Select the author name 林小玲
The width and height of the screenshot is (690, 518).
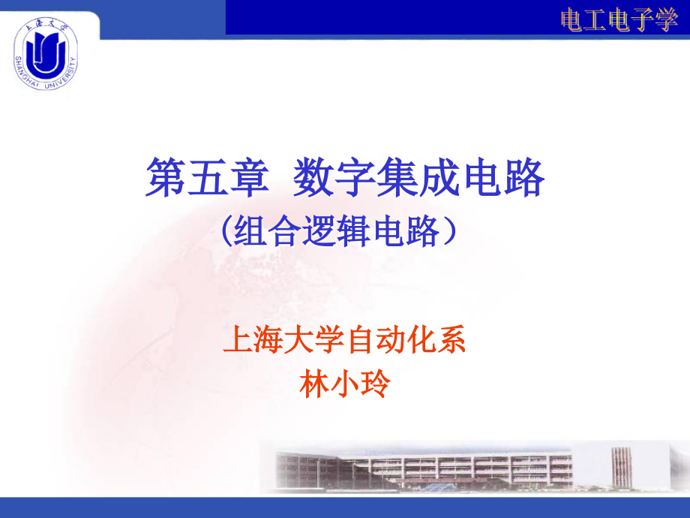344,384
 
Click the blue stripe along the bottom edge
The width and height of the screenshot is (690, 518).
345,507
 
